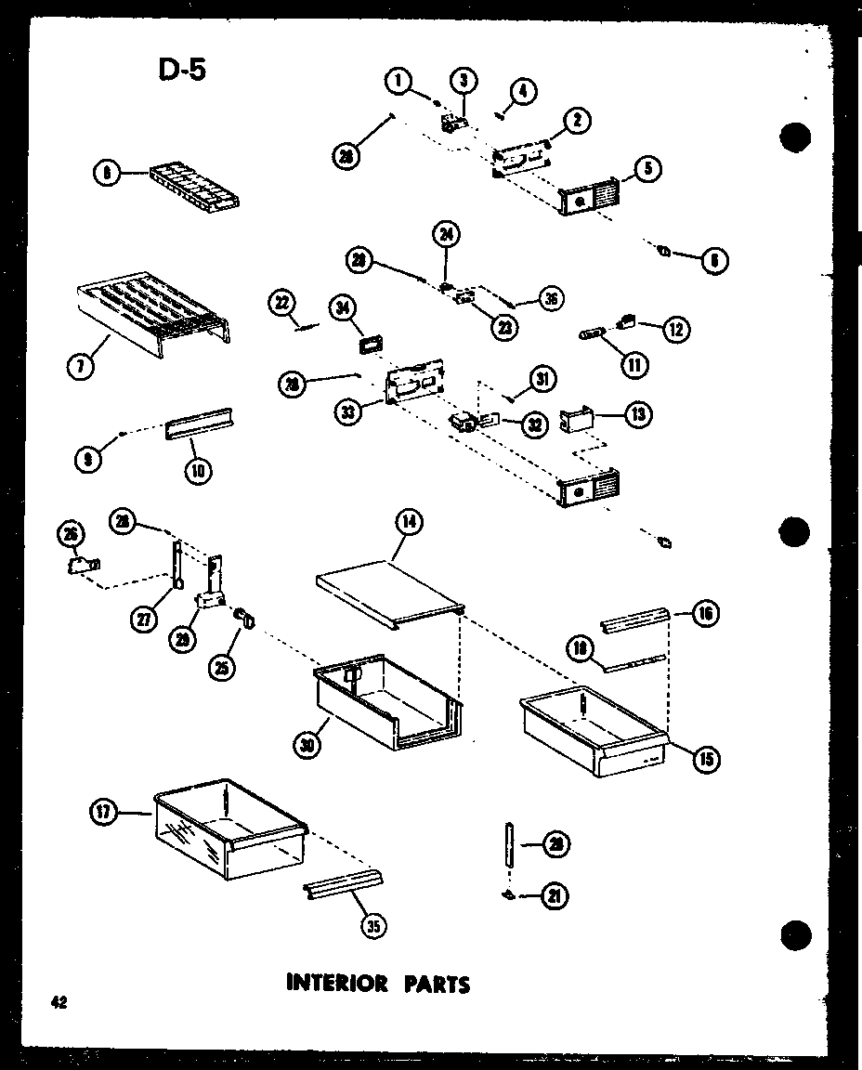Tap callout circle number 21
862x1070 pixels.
(556, 895)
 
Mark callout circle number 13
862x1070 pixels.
(637, 414)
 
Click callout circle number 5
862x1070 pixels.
(646, 170)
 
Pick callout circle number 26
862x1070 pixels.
(72, 532)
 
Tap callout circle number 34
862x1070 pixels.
(343, 307)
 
